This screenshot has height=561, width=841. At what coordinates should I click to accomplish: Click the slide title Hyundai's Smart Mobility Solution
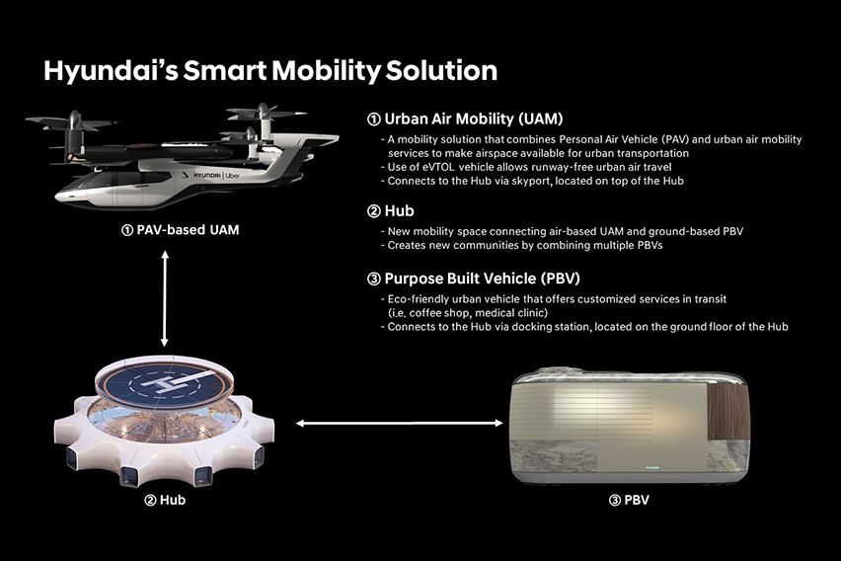pos(269,70)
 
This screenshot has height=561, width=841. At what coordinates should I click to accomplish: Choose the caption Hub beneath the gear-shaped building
pos(164,500)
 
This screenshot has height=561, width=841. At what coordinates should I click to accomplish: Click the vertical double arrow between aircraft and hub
pos(166,297)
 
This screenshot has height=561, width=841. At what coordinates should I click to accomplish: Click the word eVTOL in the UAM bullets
pos(438,167)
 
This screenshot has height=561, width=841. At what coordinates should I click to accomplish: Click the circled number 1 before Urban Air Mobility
pos(373,119)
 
